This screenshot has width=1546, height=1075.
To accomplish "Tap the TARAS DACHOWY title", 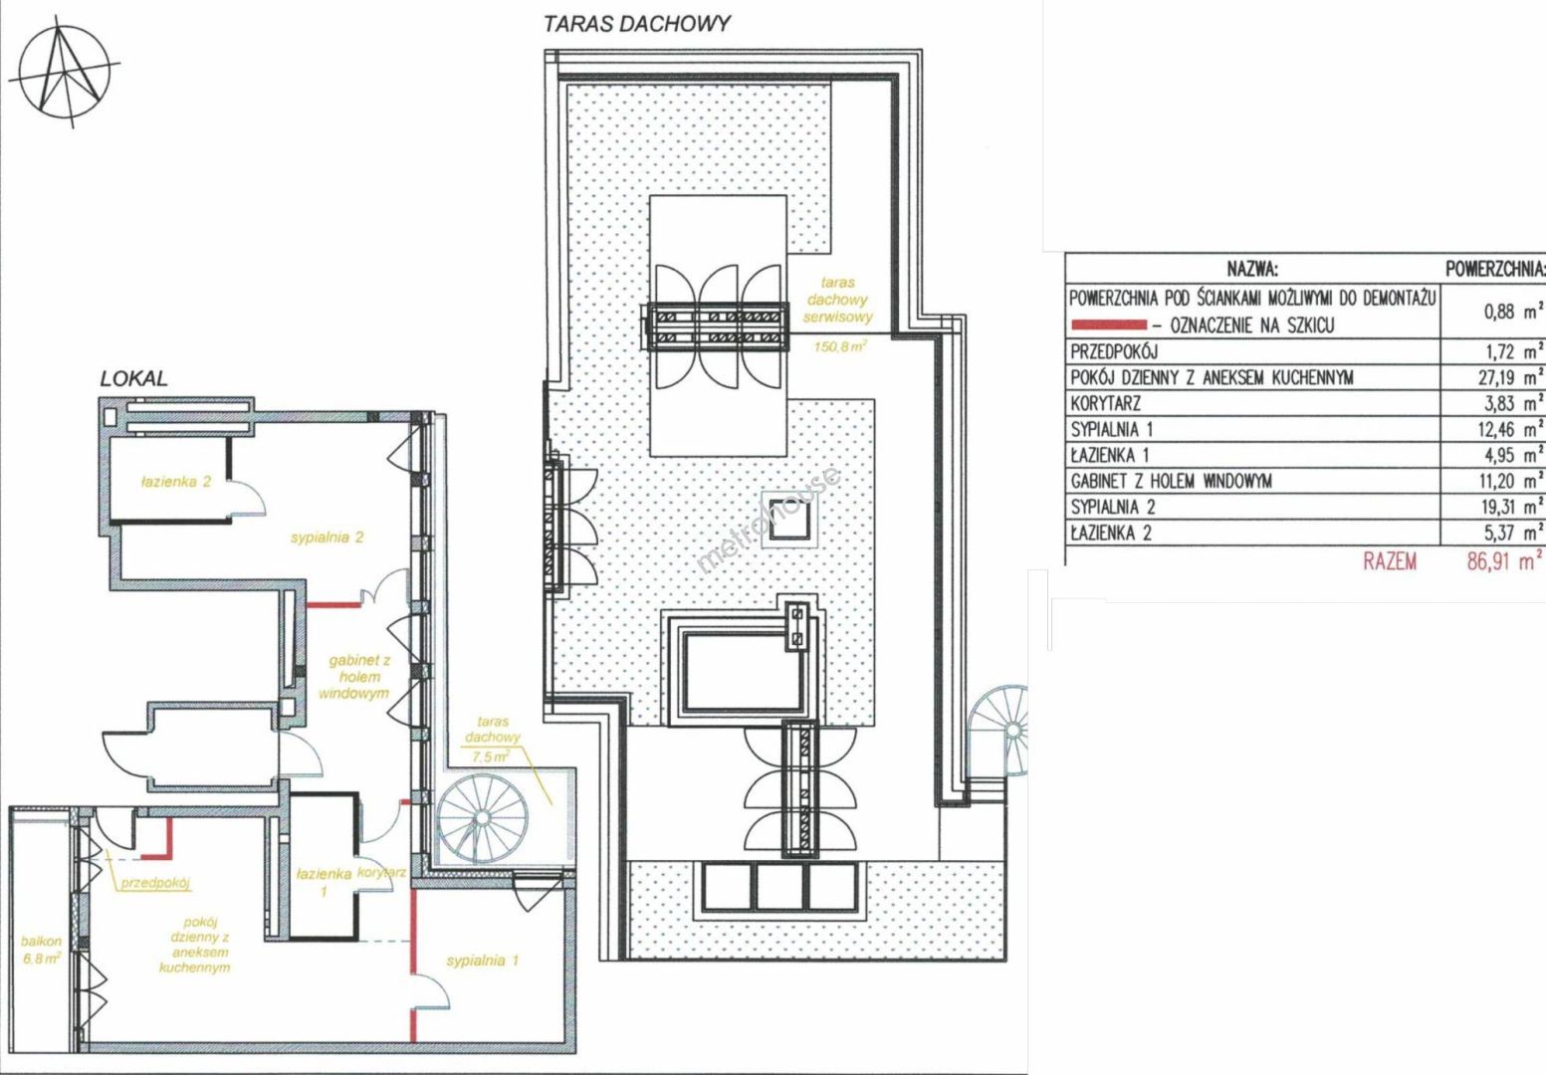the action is click(x=636, y=24).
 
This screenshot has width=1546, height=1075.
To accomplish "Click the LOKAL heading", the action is click(x=134, y=379).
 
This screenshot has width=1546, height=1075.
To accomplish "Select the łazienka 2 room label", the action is click(x=176, y=482).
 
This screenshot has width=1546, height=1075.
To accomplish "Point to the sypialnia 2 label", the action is click(x=328, y=537).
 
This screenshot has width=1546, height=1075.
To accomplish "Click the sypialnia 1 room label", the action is click(x=483, y=961).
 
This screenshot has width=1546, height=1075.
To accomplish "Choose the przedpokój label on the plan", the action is click(x=156, y=883).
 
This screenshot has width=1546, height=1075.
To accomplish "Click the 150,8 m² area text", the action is click(x=840, y=346).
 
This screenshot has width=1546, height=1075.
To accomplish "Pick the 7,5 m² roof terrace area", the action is click(x=491, y=756).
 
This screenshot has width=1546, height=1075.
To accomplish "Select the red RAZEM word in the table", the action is click(x=1390, y=561).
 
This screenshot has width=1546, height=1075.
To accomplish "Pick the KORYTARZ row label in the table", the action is click(x=1106, y=404).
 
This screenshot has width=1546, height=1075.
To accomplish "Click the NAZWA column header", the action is click(x=1252, y=269).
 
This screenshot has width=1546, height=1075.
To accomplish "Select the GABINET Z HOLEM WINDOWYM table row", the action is click(x=1172, y=481).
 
